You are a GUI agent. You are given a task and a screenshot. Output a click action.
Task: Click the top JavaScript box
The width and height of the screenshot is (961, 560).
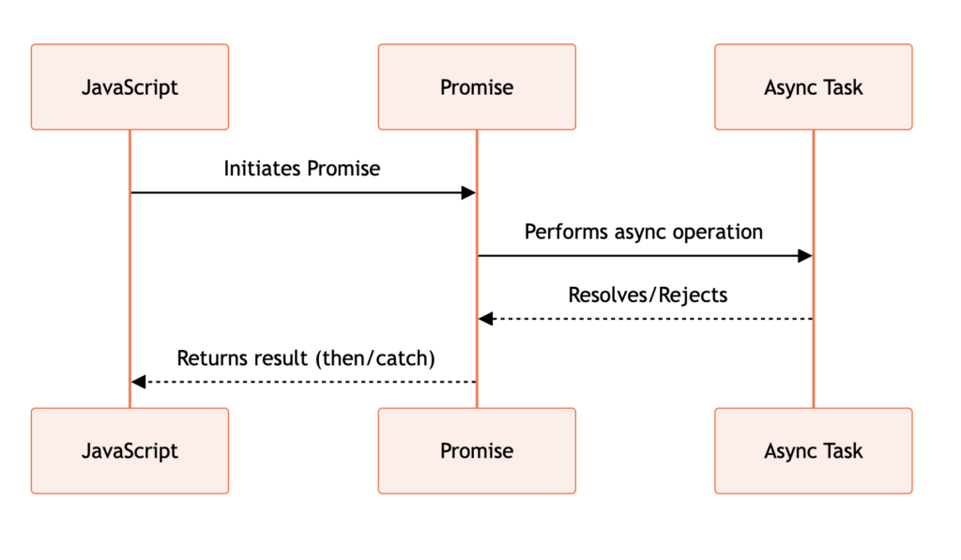tap(130, 87)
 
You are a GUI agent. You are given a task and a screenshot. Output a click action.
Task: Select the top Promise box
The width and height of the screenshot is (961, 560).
tap(477, 87)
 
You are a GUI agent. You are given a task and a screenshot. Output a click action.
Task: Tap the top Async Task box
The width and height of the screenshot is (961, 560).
tap(814, 87)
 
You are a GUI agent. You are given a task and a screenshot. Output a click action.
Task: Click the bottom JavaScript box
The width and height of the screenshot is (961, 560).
tap(130, 451)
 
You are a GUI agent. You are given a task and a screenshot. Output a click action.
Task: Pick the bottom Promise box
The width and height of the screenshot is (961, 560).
tap(477, 451)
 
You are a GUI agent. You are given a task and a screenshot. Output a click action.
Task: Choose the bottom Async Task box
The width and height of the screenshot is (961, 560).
tap(814, 451)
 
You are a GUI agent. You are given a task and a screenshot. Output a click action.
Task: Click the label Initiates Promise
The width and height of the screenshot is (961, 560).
tap(301, 169)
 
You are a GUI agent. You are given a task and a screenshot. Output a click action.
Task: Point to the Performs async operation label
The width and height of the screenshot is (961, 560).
tap(644, 233)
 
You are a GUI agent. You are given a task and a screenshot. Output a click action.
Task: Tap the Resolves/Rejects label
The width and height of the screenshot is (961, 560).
tap(648, 295)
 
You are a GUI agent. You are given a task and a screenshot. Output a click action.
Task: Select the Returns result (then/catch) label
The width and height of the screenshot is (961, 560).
tap(306, 358)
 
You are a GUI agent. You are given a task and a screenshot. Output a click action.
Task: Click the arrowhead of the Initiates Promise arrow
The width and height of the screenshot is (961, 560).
tap(469, 193)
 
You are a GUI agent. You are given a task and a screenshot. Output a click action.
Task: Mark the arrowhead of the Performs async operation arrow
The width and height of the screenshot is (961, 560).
tap(805, 256)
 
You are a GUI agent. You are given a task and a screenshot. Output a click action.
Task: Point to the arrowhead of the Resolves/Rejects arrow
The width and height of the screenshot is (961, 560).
tap(485, 319)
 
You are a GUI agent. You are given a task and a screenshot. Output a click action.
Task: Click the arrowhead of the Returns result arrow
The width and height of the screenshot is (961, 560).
tap(139, 382)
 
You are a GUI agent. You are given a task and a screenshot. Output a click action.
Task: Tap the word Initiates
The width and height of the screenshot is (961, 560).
tap(263, 169)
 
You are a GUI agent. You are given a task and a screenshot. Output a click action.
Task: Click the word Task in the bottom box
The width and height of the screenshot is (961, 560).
tap(844, 451)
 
